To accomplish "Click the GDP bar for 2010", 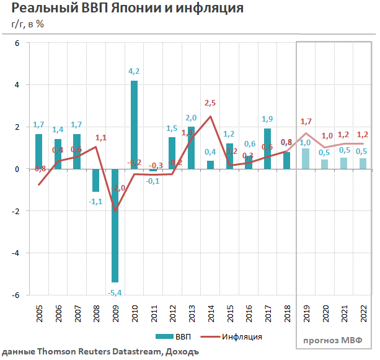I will tap(134, 124).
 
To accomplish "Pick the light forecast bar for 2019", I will tap(306, 158).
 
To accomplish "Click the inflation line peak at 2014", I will tap(210, 117).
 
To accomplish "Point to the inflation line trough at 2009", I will tap(115, 210).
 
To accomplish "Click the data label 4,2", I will tap(134, 71).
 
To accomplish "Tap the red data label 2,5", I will tap(211, 103).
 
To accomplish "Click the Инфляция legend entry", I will tap(234, 336).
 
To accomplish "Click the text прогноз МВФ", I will tap(335, 340).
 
